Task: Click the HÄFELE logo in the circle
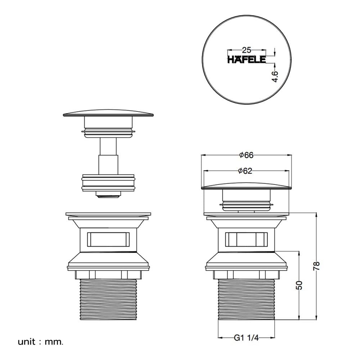pyautogui.click(x=247, y=59)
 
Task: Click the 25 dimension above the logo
pyautogui.click(x=247, y=50)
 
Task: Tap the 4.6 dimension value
pyautogui.click(x=275, y=76)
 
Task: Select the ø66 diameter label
pyautogui.click(x=246, y=155)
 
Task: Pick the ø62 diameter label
pyautogui.click(x=245, y=171)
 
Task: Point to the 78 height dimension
pyautogui.click(x=316, y=266)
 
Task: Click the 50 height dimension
pyautogui.click(x=299, y=285)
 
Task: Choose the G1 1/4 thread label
pyautogui.click(x=246, y=338)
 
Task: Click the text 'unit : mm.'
pyautogui.click(x=40, y=342)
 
